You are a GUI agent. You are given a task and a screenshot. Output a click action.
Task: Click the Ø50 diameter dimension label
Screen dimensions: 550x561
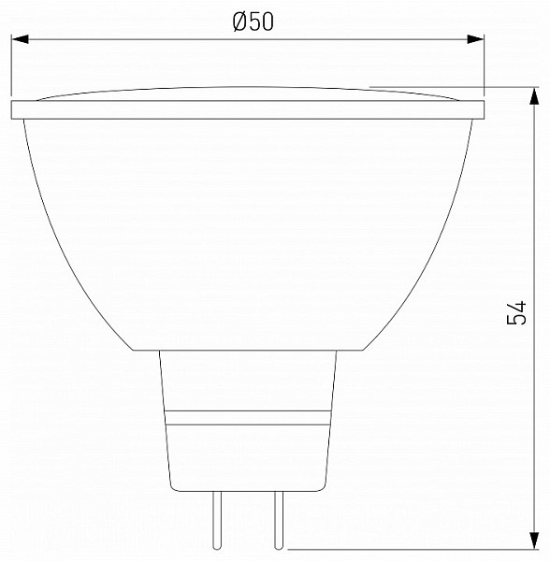point(253,22)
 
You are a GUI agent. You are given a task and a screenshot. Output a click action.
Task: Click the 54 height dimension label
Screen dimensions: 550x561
point(517,313)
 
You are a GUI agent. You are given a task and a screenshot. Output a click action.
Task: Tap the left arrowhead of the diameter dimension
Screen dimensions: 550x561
point(20,39)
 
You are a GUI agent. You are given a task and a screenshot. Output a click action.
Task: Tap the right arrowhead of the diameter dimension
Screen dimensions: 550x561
point(475,39)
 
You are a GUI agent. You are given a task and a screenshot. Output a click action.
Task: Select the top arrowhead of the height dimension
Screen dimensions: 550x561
point(534,96)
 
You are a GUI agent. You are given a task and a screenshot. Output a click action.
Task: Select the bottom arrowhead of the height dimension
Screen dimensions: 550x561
point(534,539)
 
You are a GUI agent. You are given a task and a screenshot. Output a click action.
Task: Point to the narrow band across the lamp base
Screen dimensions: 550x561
point(248,418)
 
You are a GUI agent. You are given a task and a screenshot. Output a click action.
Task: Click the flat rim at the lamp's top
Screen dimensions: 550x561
point(248,109)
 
